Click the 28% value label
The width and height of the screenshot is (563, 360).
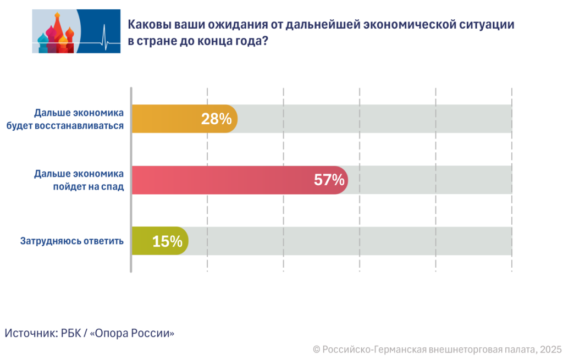click(x=216, y=119)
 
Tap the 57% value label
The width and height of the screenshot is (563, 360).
click(x=329, y=180)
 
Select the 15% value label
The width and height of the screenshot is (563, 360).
click(x=167, y=241)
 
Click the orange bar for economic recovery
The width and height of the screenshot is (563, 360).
click(x=165, y=119)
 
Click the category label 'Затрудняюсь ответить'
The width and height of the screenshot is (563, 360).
click(x=72, y=241)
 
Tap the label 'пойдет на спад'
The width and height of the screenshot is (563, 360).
click(x=89, y=186)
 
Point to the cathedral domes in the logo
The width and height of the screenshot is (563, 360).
click(x=55, y=36)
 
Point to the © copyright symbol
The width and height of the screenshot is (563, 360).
click(x=316, y=349)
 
